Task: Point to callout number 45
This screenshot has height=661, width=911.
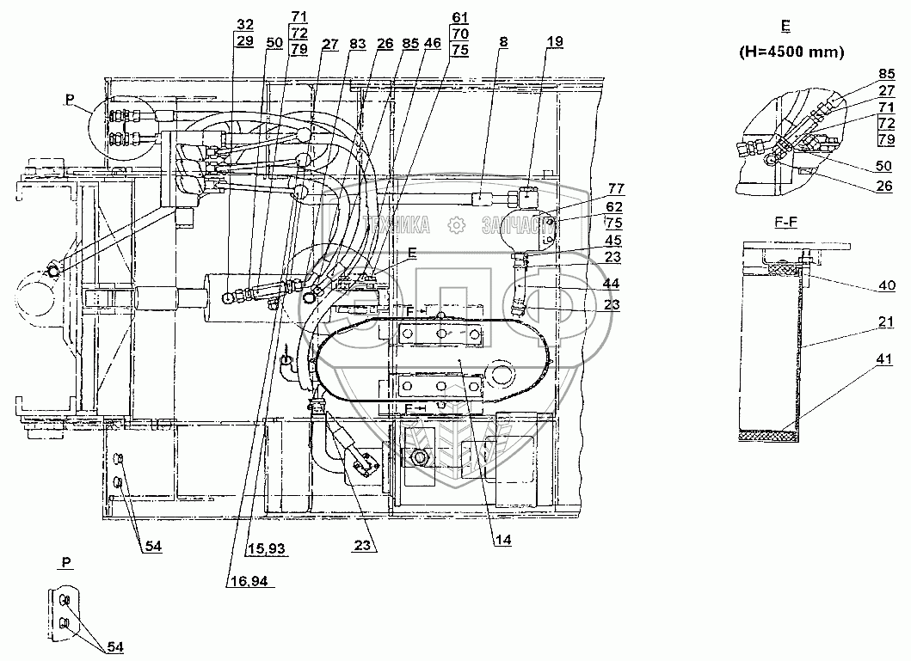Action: pyautogui.click(x=592, y=240)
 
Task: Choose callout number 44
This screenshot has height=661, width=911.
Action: pyautogui.click(x=592, y=282)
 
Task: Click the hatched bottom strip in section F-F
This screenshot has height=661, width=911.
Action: pyautogui.click(x=770, y=436)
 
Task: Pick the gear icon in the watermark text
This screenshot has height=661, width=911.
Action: pyautogui.click(x=457, y=226)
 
